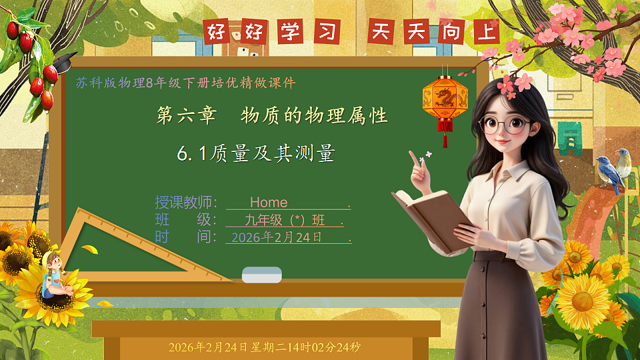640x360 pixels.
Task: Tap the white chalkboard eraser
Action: pyautogui.click(x=261, y=274)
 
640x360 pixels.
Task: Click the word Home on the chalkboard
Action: pyautogui.click(x=269, y=202)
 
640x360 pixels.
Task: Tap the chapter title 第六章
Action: pyautogui.click(x=186, y=116)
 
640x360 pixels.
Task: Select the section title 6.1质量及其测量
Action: pyautogui.click(x=255, y=154)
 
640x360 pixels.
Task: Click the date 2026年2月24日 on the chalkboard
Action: pyautogui.click(x=276, y=237)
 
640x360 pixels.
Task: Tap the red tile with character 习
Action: pyautogui.click(x=325, y=31)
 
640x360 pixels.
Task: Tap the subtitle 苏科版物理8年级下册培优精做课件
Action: pyautogui.click(x=185, y=83)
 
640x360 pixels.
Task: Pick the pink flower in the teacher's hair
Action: pyautogui.click(x=517, y=81)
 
